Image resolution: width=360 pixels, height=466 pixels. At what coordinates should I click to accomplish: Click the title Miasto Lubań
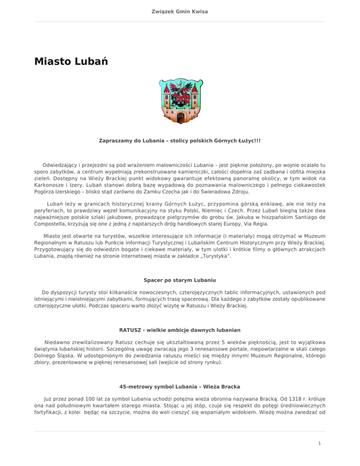click(71, 62)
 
